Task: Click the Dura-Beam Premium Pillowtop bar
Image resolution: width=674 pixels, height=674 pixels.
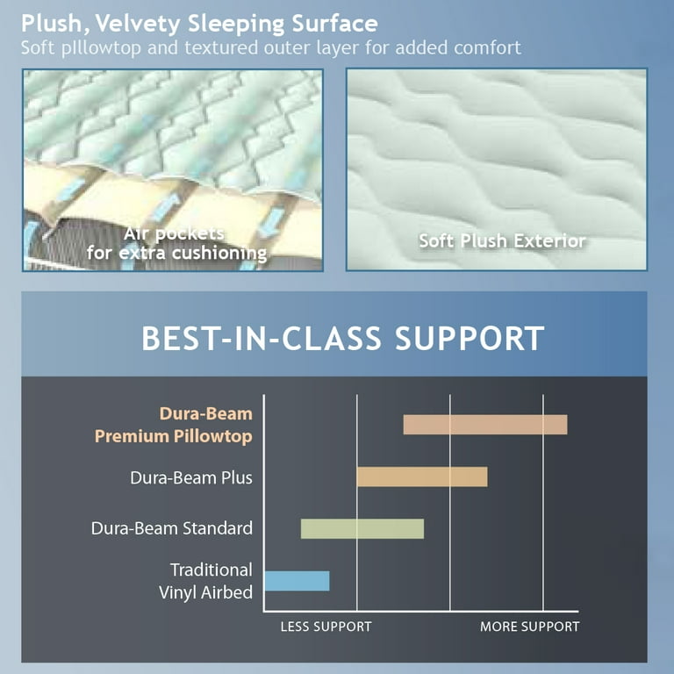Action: coord(484,425)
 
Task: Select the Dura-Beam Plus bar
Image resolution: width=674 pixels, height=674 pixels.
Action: coord(422,477)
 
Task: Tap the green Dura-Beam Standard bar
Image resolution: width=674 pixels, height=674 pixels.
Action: coord(362,528)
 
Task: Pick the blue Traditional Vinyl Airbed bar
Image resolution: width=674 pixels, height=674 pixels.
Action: coord(297,581)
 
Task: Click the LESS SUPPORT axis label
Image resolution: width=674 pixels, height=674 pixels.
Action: coord(326,627)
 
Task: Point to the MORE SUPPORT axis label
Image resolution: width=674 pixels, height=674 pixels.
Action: coord(529,627)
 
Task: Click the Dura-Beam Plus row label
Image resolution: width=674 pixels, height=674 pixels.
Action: coord(191,477)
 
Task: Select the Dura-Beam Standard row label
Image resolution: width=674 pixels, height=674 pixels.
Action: coord(172,528)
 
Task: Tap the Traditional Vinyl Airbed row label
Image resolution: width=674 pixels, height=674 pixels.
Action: coord(205,581)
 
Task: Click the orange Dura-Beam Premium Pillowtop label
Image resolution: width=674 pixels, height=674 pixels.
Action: coord(174,425)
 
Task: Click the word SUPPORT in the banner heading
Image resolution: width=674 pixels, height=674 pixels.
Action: coord(470,338)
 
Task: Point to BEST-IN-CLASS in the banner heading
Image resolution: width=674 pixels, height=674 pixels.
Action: coord(262,338)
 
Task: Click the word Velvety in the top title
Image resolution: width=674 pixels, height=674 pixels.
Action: coord(138,24)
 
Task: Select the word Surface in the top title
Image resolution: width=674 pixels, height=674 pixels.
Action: coord(335,24)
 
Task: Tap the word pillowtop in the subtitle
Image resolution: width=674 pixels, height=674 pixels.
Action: coord(101,48)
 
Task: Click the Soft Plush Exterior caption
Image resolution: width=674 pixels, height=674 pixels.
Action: coord(502,240)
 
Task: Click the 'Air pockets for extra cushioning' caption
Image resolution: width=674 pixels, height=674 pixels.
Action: coord(176,243)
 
